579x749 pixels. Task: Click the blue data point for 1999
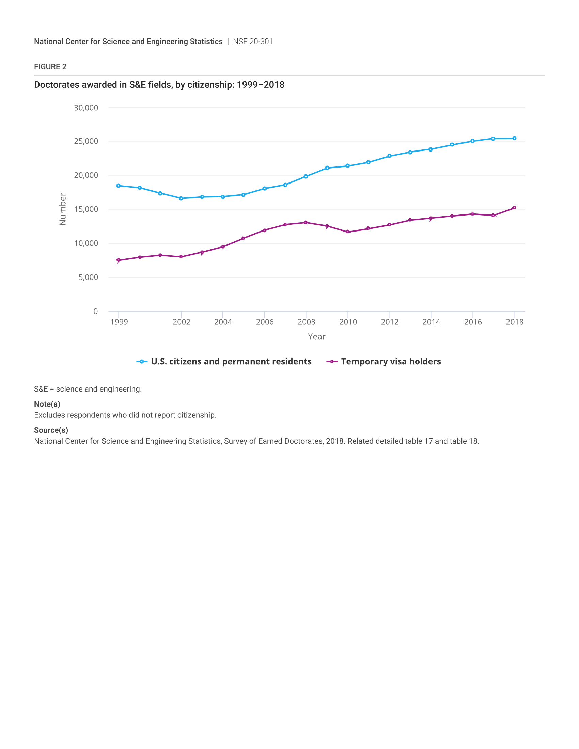pyautogui.click(x=118, y=186)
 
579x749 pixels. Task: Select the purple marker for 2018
pyautogui.click(x=514, y=207)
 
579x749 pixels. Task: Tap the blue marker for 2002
pyautogui.click(x=181, y=198)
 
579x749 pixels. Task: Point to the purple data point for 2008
pyautogui.click(x=306, y=223)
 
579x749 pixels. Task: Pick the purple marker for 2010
pyautogui.click(x=347, y=232)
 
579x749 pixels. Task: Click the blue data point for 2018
pyautogui.click(x=514, y=138)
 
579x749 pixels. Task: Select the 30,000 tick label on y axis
pyautogui.click(x=86, y=108)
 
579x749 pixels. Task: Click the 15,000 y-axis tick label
pyautogui.click(x=86, y=209)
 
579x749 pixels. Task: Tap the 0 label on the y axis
pyautogui.click(x=95, y=311)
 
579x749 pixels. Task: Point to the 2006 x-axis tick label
pyautogui.click(x=264, y=322)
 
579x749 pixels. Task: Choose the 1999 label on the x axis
pyautogui.click(x=119, y=322)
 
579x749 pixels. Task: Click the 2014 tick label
pyautogui.click(x=431, y=322)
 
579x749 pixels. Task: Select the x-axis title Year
pyautogui.click(x=316, y=336)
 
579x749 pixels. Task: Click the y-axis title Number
pyautogui.click(x=62, y=209)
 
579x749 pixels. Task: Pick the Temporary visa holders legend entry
pyautogui.click(x=391, y=362)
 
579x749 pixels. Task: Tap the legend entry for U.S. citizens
pyautogui.click(x=231, y=362)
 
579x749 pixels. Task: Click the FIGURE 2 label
pyautogui.click(x=50, y=67)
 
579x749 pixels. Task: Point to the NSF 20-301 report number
pyautogui.click(x=253, y=42)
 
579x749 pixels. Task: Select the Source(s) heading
pyautogui.click(x=51, y=430)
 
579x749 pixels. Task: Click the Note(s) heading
pyautogui.click(x=47, y=404)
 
